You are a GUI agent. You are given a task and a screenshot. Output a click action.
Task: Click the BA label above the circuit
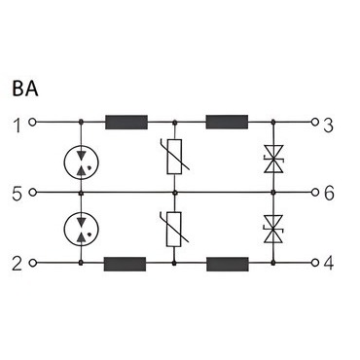pos(25,89)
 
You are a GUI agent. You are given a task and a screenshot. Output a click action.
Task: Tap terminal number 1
pos(18,126)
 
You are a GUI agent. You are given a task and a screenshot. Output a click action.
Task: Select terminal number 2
pos(18,264)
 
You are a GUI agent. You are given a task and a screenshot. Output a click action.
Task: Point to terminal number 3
pos(328,126)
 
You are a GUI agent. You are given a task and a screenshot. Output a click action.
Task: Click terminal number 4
pos(328,264)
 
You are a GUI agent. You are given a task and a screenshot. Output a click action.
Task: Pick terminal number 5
pos(18,195)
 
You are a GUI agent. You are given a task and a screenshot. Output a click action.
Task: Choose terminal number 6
pos(329,195)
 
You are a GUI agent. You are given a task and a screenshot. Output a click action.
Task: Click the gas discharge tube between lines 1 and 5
pos(81,162)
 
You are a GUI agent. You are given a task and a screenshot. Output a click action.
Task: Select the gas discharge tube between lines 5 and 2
pos(81,230)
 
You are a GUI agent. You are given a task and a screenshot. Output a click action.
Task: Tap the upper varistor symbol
pos(174,157)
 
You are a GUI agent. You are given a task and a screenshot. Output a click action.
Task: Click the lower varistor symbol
pos(174,229)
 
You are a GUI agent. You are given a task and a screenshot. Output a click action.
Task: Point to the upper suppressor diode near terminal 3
pos(273,159)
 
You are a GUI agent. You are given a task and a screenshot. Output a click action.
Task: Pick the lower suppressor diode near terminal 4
pos(273,229)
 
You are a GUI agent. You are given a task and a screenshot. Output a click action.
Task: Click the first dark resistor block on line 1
pos(126,123)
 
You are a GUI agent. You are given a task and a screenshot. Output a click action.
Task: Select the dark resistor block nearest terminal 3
pos(227,122)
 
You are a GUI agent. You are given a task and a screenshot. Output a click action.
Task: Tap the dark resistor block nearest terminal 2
pos(125,264)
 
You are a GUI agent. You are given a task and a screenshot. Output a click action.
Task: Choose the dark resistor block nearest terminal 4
pos(228,264)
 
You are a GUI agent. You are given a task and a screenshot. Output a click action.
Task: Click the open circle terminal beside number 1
pos(32,123)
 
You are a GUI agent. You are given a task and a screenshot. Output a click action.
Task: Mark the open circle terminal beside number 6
pos(314,193)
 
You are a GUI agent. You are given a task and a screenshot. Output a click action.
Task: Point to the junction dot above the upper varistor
pos(174,123)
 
